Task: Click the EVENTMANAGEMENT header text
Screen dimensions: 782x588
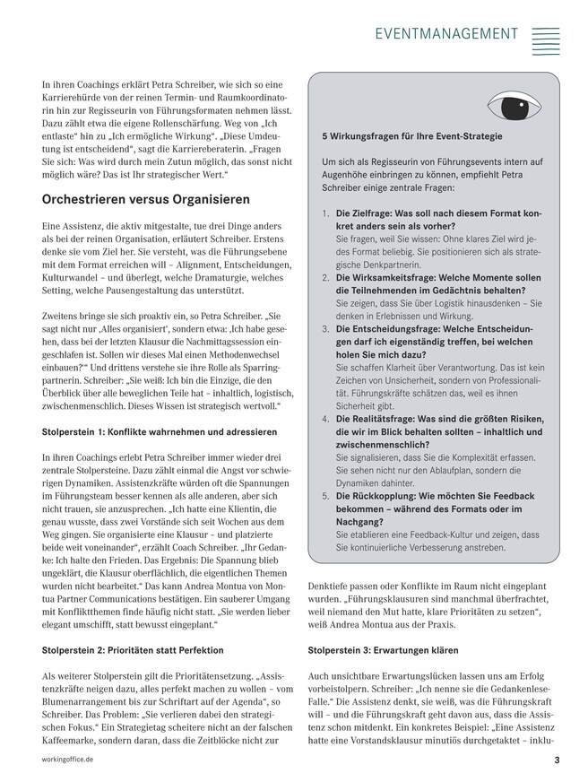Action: pyautogui.click(x=446, y=33)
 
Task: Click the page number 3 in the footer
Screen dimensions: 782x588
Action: pyautogui.click(x=557, y=760)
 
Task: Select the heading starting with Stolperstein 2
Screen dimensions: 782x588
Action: pyautogui.click(x=133, y=650)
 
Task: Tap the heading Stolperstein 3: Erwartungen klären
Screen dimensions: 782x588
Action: pyautogui.click(x=383, y=650)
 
